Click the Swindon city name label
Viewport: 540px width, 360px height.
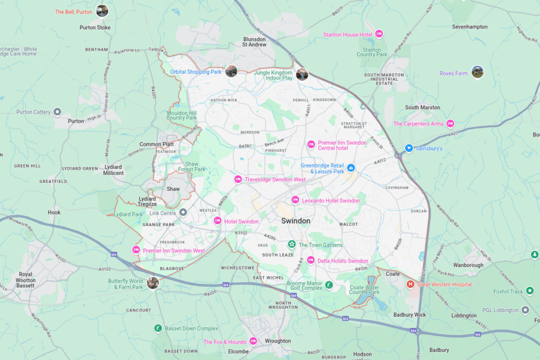coord(295,221)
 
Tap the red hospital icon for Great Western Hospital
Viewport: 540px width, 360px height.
coord(410,285)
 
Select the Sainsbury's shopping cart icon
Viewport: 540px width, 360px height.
coord(408,149)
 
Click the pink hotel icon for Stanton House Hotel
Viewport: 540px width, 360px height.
coord(379,34)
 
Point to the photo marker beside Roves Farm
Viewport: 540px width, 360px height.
coord(477,72)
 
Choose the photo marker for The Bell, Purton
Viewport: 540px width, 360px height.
coord(102,11)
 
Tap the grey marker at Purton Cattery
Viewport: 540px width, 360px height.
coord(58,112)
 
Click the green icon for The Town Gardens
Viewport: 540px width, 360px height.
coord(291,245)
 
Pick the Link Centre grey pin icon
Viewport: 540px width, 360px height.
coord(183,212)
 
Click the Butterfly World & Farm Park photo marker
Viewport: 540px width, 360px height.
coord(153,283)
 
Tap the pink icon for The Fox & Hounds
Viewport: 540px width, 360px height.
coord(253,342)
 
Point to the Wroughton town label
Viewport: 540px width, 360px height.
coord(278,341)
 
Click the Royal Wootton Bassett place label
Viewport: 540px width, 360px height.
coord(26,280)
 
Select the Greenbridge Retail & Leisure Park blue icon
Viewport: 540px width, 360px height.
coord(351,168)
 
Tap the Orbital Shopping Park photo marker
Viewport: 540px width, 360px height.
coord(231,71)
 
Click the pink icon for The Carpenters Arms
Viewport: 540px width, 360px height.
coord(450,124)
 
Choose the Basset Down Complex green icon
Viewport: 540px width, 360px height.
coord(158,328)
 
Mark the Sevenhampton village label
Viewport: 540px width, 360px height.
coord(470,26)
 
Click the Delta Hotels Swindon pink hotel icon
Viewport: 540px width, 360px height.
coord(311,260)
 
